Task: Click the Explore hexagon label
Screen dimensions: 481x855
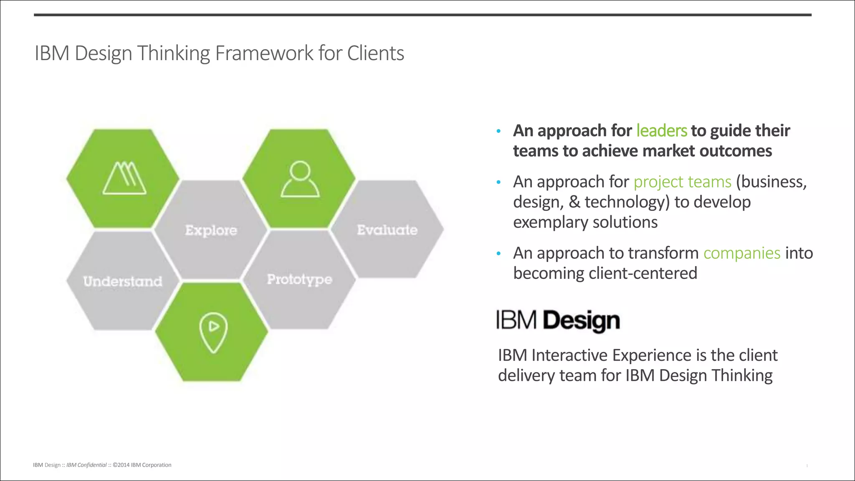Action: click(x=211, y=230)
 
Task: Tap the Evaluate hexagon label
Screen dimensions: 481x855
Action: click(x=387, y=230)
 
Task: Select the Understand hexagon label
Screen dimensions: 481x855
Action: click(x=123, y=281)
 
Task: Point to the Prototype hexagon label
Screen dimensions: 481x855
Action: click(x=299, y=279)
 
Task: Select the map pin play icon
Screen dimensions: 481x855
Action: click(x=213, y=332)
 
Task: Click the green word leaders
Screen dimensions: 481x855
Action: click(x=661, y=131)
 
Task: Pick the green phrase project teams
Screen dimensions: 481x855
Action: click(x=682, y=182)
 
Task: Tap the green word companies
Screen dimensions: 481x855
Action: click(x=741, y=253)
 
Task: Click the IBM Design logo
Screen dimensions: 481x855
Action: click(x=558, y=321)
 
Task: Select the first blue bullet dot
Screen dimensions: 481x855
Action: click(x=498, y=132)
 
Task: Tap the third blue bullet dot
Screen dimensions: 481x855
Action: click(x=498, y=254)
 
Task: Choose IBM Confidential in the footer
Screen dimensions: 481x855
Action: click(x=86, y=465)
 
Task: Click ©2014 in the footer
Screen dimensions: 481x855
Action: click(x=121, y=465)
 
